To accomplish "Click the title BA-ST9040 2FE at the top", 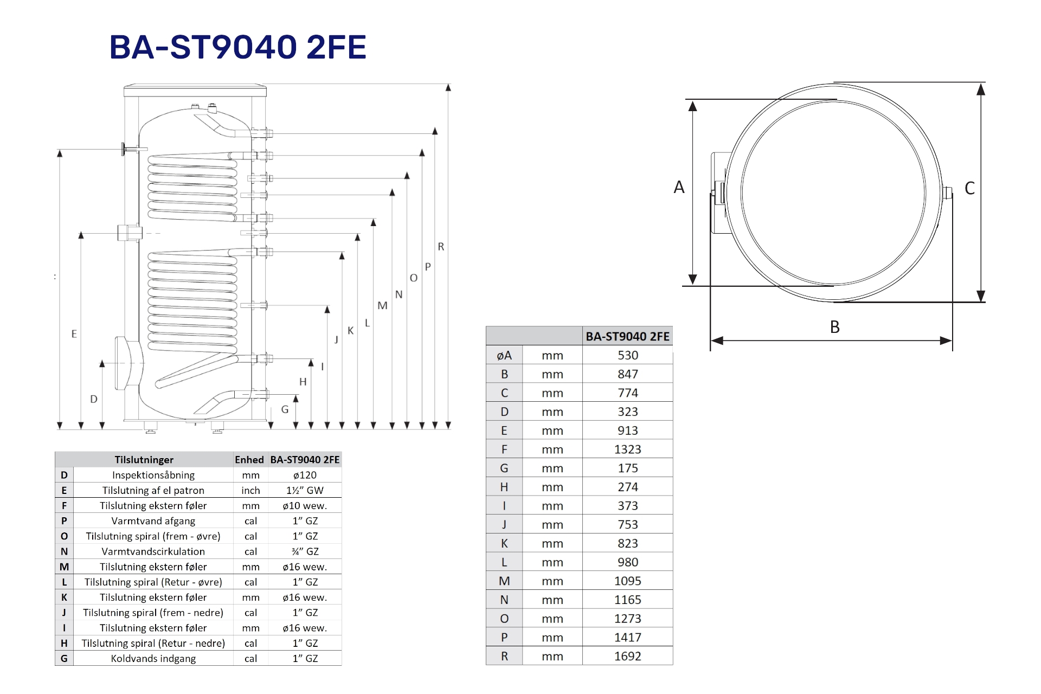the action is pos(238,47).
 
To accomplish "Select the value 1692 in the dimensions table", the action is pos(628,656).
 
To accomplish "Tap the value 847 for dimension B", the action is pos(628,374).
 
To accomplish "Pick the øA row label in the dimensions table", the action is pos(504,356).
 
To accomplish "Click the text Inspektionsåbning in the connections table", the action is pos(153,475).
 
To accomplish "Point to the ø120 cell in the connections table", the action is pos(305,475).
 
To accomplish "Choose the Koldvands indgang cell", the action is pos(153,659).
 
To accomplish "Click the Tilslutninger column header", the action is pos(144,460).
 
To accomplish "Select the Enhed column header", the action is pos(249,460).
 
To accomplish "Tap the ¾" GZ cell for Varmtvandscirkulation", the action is pos(305,551).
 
